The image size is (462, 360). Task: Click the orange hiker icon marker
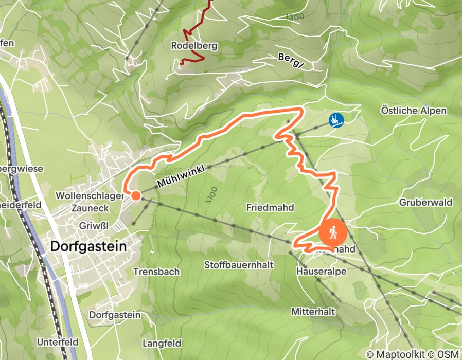[333, 233]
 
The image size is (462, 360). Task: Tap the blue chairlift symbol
[336, 120]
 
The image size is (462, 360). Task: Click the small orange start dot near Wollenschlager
[135, 195]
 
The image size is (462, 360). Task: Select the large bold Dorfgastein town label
[88, 246]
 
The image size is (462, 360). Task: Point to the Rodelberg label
[194, 46]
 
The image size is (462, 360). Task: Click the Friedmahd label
[270, 208]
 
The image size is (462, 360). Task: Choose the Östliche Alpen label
[413, 111]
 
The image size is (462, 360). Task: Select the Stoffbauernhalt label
[238, 265]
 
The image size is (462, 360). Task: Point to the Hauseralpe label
[321, 271]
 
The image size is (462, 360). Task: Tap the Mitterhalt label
[313, 312]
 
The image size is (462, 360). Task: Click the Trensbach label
[156, 271]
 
